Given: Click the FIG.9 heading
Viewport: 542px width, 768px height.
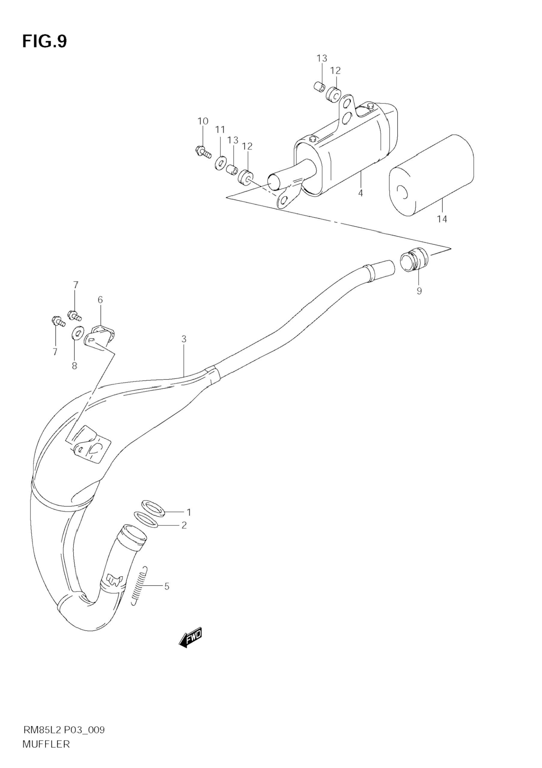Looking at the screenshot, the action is pos(44,41).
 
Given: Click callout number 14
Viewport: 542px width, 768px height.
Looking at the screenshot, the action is pos(442,219).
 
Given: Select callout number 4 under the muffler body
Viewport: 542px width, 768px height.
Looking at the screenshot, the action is pos(360,193).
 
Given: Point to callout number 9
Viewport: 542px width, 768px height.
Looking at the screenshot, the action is pos(419,291).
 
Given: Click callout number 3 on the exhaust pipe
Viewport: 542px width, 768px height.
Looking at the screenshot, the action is pos(184,339).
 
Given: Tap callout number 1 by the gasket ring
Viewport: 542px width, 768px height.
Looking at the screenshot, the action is pos(189,512).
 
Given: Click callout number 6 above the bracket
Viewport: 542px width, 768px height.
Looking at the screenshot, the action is pos(100,300).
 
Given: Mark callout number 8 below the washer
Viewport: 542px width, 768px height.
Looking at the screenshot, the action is pos(74,366).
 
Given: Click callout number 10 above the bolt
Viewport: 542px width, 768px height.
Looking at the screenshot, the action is pos(203,121).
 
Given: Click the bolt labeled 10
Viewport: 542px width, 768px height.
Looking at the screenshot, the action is pos(203,152).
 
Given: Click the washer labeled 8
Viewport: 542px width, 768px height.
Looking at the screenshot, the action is pos(78,332).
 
